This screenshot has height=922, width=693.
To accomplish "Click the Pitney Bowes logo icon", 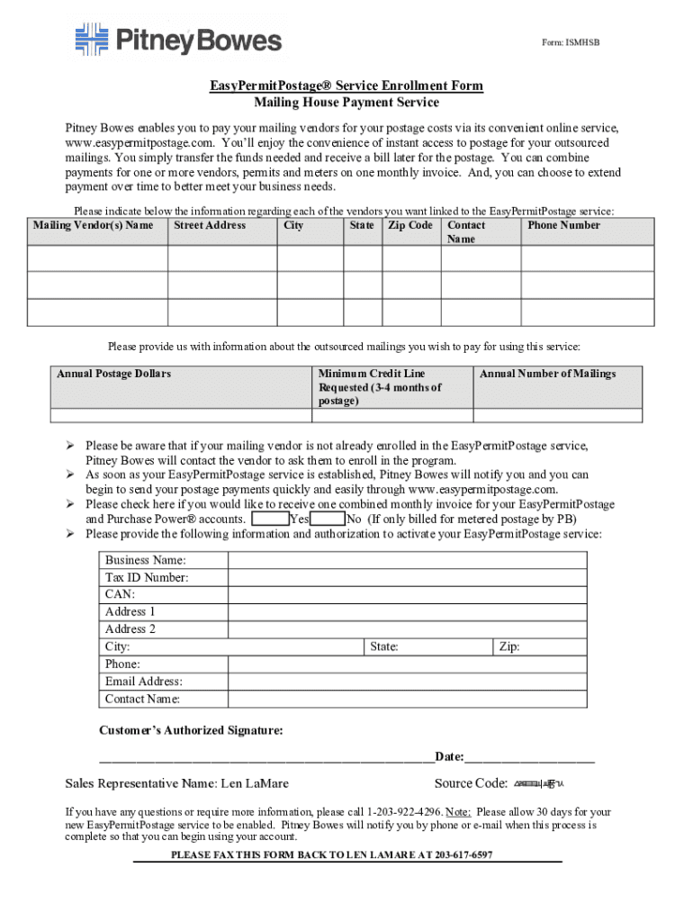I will pos(91,40).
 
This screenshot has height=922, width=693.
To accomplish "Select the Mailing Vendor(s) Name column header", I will pos(93,225).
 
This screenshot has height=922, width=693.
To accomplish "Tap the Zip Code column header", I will pos(409,225).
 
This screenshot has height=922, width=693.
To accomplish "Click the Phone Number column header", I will pos(563,225).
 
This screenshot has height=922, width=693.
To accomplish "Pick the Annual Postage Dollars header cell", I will pos(113,374).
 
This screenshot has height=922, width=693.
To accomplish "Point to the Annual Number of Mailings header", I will pos(547,374).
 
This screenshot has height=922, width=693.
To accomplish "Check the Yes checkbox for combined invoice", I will pos(270,520).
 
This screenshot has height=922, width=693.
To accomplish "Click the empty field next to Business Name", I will pos(407,560).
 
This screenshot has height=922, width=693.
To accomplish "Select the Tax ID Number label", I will pos(147,577).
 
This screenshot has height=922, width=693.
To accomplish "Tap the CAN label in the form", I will pos(120,594).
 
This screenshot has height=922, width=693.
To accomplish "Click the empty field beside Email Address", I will pos(407,682).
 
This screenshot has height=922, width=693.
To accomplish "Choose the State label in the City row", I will pos(384,646).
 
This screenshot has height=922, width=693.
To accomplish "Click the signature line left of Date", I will pos(265,758).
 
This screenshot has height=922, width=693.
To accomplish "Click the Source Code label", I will pos(471,783).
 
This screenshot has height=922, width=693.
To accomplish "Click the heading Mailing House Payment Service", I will pos(346,103).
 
